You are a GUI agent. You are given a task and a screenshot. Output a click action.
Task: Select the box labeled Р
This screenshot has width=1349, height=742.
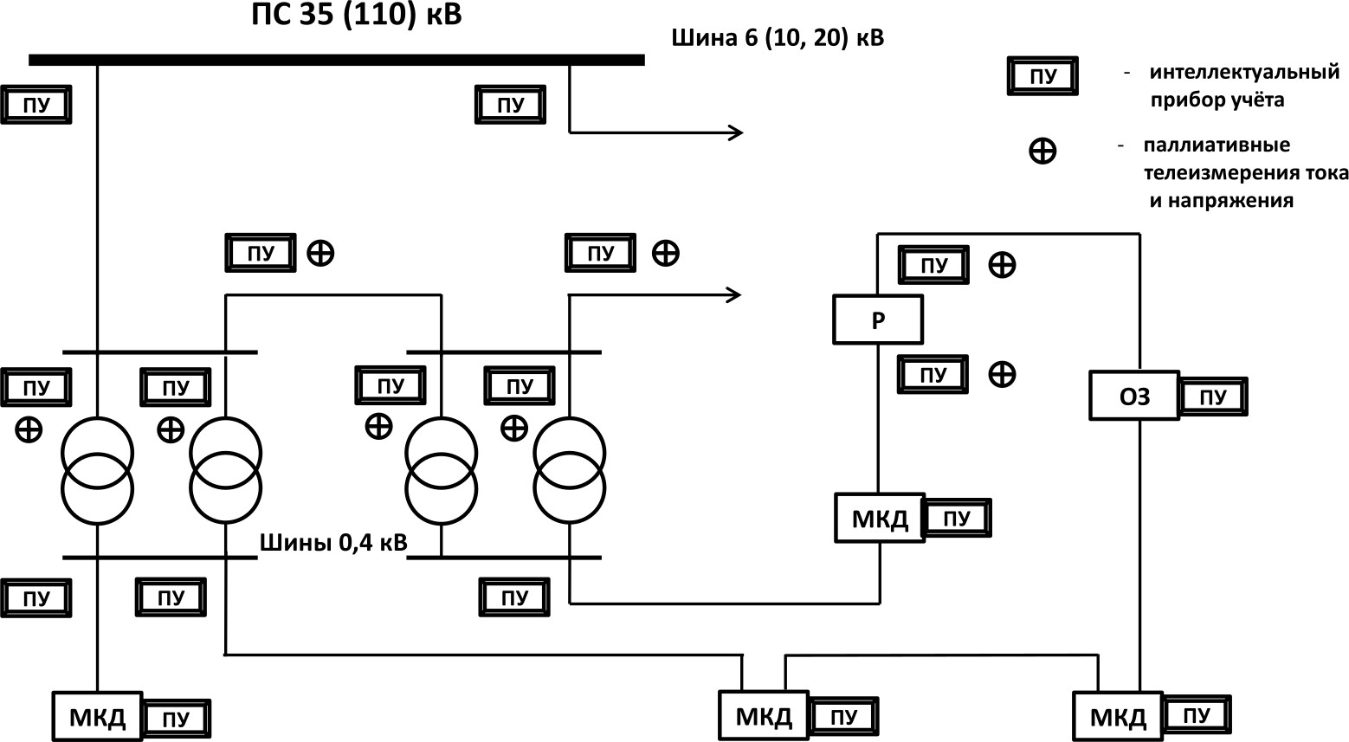[878, 319]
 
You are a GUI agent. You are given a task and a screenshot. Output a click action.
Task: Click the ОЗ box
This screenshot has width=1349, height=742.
[1133, 397]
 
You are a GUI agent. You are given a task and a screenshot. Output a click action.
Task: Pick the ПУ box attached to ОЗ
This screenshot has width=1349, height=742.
[1213, 397]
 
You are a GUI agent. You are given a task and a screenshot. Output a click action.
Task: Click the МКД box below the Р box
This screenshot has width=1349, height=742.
[880, 519]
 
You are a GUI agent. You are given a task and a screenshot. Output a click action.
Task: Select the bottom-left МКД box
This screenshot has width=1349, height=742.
[97, 717]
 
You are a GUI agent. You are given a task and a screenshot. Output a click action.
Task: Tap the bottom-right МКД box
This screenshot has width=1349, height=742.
[1117, 717]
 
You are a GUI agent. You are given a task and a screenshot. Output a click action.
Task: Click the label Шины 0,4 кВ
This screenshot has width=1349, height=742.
[333, 543]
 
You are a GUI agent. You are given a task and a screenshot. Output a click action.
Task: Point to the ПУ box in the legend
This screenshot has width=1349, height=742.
[1043, 76]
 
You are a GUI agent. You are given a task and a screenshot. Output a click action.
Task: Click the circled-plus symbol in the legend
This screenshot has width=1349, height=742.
[1042, 152]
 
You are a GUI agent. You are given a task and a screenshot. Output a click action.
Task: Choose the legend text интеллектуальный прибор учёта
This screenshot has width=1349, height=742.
[1242, 86]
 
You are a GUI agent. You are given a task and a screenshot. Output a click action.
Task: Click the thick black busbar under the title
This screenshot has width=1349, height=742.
[337, 60]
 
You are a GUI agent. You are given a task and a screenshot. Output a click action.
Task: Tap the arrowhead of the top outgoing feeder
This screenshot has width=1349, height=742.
[737, 132]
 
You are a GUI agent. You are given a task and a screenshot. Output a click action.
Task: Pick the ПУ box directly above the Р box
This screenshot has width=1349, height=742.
[933, 265]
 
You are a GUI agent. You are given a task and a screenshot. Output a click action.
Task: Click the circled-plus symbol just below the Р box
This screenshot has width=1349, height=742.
[1002, 374]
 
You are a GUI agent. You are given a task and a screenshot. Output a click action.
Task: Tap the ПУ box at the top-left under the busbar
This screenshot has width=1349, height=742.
[37, 106]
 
